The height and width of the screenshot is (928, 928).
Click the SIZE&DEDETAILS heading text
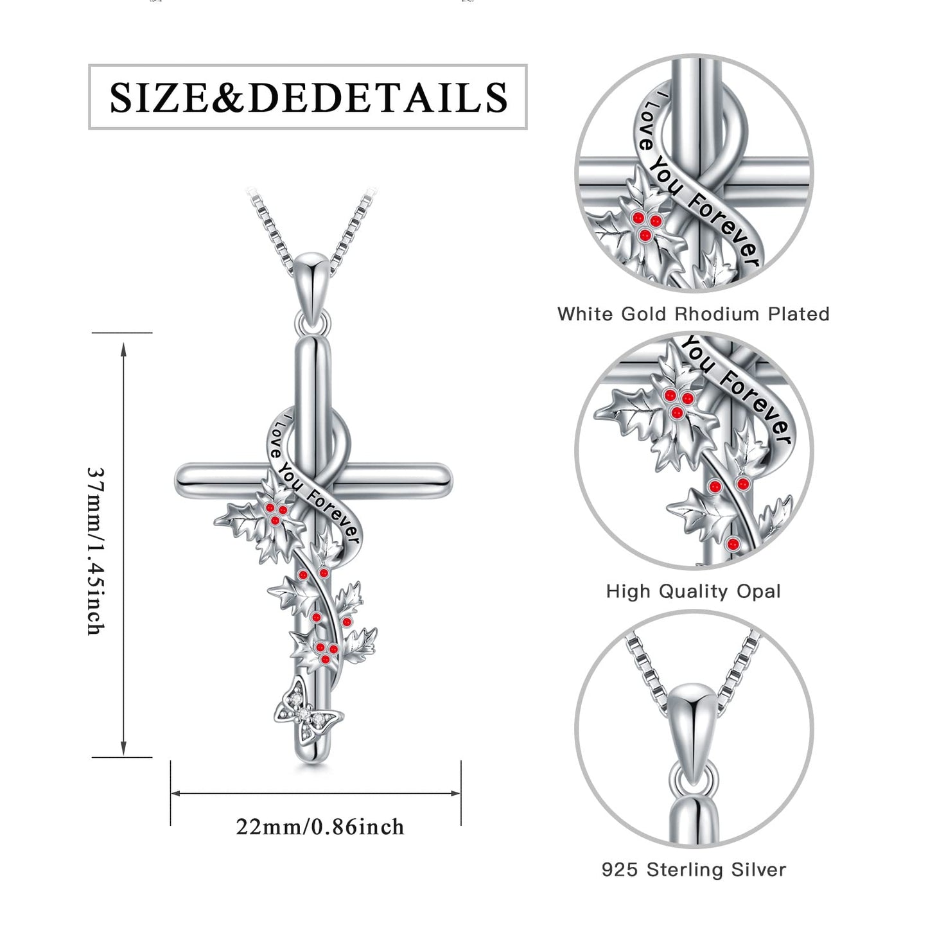click(308, 97)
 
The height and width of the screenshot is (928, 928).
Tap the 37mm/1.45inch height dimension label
click(96, 551)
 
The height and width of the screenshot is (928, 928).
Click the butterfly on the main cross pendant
click(308, 717)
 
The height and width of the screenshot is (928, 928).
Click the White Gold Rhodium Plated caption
click(694, 314)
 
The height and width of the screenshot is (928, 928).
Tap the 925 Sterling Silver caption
click(694, 870)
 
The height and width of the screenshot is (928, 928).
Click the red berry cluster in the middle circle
click(678, 403)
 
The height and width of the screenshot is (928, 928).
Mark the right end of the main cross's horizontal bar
click(451, 479)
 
